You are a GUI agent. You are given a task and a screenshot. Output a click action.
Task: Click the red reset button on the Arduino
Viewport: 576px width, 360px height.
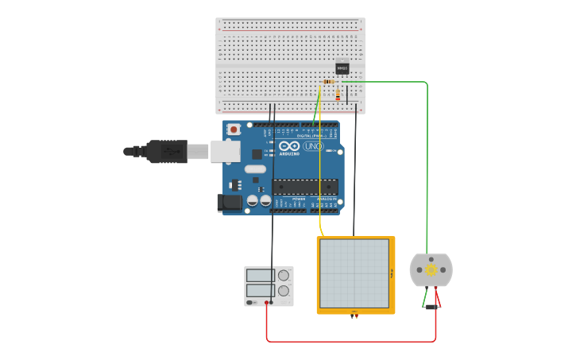pyautogui.click(x=234, y=130)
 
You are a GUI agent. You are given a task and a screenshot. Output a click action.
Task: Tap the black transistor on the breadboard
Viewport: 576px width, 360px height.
pyautogui.click(x=342, y=68)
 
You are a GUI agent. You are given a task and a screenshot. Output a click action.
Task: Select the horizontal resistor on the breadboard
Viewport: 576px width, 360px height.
pyautogui.click(x=329, y=82)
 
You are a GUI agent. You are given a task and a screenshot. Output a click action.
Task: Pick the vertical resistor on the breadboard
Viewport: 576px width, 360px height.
pyautogui.click(x=338, y=95)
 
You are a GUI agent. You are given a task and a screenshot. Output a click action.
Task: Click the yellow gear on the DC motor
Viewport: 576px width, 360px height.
pyautogui.click(x=431, y=270)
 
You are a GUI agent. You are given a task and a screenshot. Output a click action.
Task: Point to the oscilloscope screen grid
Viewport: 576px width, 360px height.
pyautogui.click(x=354, y=273)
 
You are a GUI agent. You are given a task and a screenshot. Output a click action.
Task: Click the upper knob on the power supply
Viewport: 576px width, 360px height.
pyautogui.click(x=283, y=276)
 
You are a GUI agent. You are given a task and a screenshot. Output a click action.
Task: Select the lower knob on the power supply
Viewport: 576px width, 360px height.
pyautogui.click(x=283, y=291)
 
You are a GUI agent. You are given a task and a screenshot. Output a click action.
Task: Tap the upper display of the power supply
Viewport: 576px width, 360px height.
pyautogui.click(x=260, y=276)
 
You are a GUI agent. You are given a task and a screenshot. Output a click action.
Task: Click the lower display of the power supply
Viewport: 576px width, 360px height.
pyautogui.click(x=260, y=291)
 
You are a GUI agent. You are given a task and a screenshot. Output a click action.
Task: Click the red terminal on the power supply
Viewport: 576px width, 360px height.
pyautogui.click(x=266, y=302)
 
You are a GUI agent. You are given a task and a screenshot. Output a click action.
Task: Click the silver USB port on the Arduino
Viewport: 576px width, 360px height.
pyautogui.click(x=225, y=151)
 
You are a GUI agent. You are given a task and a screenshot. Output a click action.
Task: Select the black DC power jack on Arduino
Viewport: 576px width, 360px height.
pyautogui.click(x=230, y=203)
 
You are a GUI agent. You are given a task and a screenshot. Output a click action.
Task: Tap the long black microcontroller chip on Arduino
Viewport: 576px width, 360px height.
pyautogui.click(x=305, y=187)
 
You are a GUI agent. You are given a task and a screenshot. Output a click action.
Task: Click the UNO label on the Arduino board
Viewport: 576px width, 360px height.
pyautogui.click(x=313, y=146)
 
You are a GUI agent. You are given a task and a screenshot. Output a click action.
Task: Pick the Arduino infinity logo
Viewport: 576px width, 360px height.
pyautogui.click(x=289, y=146)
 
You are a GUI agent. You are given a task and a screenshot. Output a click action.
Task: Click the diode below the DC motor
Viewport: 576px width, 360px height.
pyautogui.click(x=431, y=307)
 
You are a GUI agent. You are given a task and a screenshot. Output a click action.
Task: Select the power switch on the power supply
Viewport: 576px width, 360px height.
pyautogui.click(x=250, y=302)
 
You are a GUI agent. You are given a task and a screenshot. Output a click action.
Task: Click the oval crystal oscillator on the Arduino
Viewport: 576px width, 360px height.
pyautogui.click(x=255, y=168)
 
